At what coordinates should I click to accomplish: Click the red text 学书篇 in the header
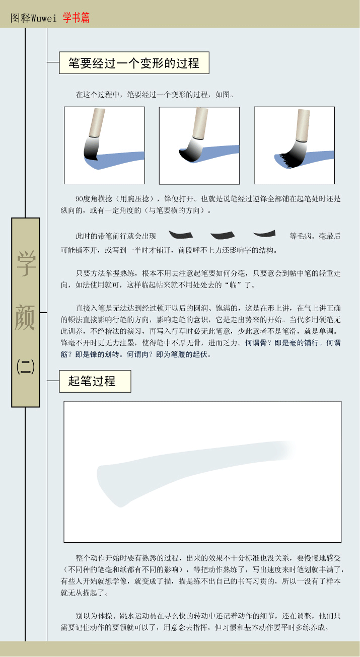point(76,18)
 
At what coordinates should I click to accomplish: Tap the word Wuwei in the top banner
point(44,19)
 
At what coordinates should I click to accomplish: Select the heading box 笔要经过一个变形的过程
point(134,63)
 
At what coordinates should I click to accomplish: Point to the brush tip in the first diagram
point(91,150)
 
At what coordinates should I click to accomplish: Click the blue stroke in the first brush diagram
point(117,161)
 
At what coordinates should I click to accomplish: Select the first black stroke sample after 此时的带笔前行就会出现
point(181,235)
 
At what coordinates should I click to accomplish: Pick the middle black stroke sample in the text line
point(223,235)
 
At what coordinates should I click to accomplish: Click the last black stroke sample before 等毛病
point(264,233)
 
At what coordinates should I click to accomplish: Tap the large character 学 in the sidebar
point(26,264)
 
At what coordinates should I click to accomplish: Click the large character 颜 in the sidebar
point(25,317)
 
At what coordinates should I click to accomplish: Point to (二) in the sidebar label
point(26,367)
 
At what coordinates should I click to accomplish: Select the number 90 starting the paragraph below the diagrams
point(79,199)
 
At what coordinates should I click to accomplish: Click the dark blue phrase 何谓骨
point(256,342)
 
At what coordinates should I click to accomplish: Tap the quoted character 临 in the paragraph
point(233,285)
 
